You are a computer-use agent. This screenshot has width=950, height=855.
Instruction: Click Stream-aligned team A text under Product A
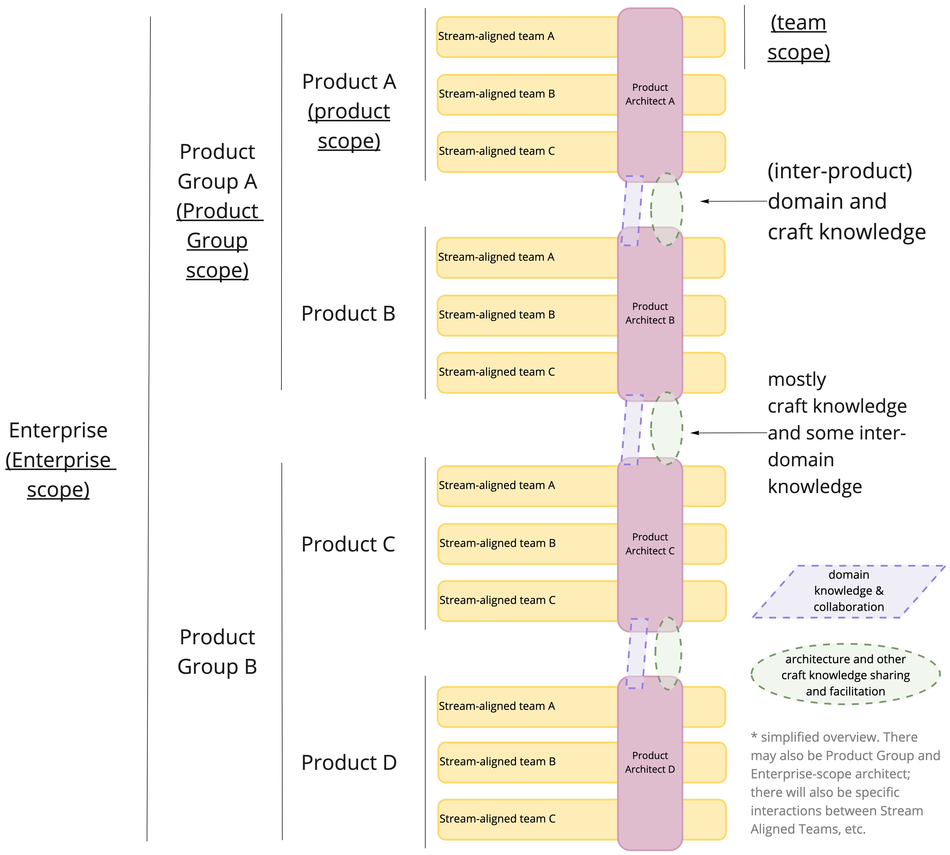click(496, 36)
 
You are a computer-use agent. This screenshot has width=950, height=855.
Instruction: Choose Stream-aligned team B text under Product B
click(497, 315)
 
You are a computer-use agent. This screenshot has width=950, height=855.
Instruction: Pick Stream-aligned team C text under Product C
click(497, 600)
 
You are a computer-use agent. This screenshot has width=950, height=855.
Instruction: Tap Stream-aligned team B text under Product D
click(497, 761)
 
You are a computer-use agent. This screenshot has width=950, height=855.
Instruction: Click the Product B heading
click(348, 313)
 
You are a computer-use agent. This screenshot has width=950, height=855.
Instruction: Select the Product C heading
click(348, 544)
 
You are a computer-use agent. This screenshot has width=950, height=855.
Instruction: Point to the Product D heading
click(349, 762)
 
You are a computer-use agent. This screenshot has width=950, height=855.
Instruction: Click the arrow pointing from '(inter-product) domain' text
click(733, 201)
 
